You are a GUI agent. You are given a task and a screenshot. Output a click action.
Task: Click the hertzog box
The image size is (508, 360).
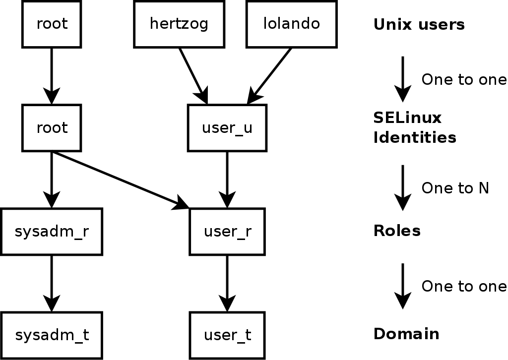tap(179, 24)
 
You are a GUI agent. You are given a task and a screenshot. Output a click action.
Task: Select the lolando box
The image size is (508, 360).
tap(292, 24)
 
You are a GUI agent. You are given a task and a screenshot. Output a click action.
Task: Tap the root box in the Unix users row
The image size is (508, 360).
tap(52, 24)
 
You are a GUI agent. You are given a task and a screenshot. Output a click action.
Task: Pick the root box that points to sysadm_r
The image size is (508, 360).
tap(52, 128)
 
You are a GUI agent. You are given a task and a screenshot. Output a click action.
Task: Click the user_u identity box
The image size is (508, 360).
tap(227, 128)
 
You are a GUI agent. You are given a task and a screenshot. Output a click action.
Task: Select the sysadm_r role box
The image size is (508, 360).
tap(52, 232)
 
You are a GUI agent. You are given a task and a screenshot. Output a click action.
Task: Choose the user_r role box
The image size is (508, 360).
tap(227, 232)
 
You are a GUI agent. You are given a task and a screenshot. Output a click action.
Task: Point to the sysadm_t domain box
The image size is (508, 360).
tap(52, 335)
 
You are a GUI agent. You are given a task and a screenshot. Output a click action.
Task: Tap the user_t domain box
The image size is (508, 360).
tap(227, 335)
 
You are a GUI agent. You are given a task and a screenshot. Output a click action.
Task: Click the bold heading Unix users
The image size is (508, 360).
tap(419, 25)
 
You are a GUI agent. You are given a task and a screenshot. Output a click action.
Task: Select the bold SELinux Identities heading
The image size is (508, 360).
tap(414, 127)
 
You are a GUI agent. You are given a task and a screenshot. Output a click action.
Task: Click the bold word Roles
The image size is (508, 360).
tap(396, 231)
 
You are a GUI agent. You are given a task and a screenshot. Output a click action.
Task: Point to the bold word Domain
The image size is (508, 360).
tap(406, 334)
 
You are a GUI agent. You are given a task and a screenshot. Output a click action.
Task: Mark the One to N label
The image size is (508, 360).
tap(455, 188)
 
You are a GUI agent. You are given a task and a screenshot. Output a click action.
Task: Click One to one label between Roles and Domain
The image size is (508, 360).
tap(464, 286)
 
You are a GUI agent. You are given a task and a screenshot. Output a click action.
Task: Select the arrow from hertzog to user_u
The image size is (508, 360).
tap(192, 74)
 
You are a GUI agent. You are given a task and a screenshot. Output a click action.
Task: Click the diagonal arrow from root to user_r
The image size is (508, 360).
tap(119, 179)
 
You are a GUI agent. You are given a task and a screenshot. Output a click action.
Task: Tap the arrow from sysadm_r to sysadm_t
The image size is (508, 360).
tap(52, 283)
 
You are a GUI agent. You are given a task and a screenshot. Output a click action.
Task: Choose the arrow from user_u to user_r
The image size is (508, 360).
tap(227, 179)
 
